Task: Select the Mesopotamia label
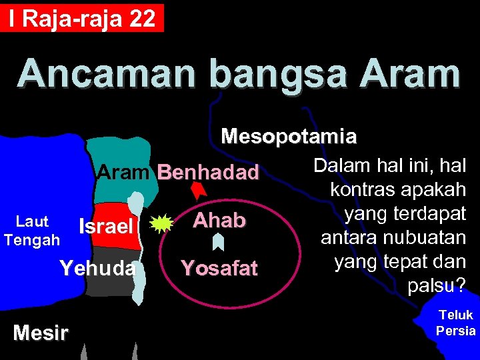289,137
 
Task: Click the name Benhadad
208,173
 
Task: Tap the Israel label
106,227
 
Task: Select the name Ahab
219,221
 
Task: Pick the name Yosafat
219,268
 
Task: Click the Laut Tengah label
31,230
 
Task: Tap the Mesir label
40,333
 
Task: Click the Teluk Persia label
456,323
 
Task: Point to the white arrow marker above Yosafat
217,242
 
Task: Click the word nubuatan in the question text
425,237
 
